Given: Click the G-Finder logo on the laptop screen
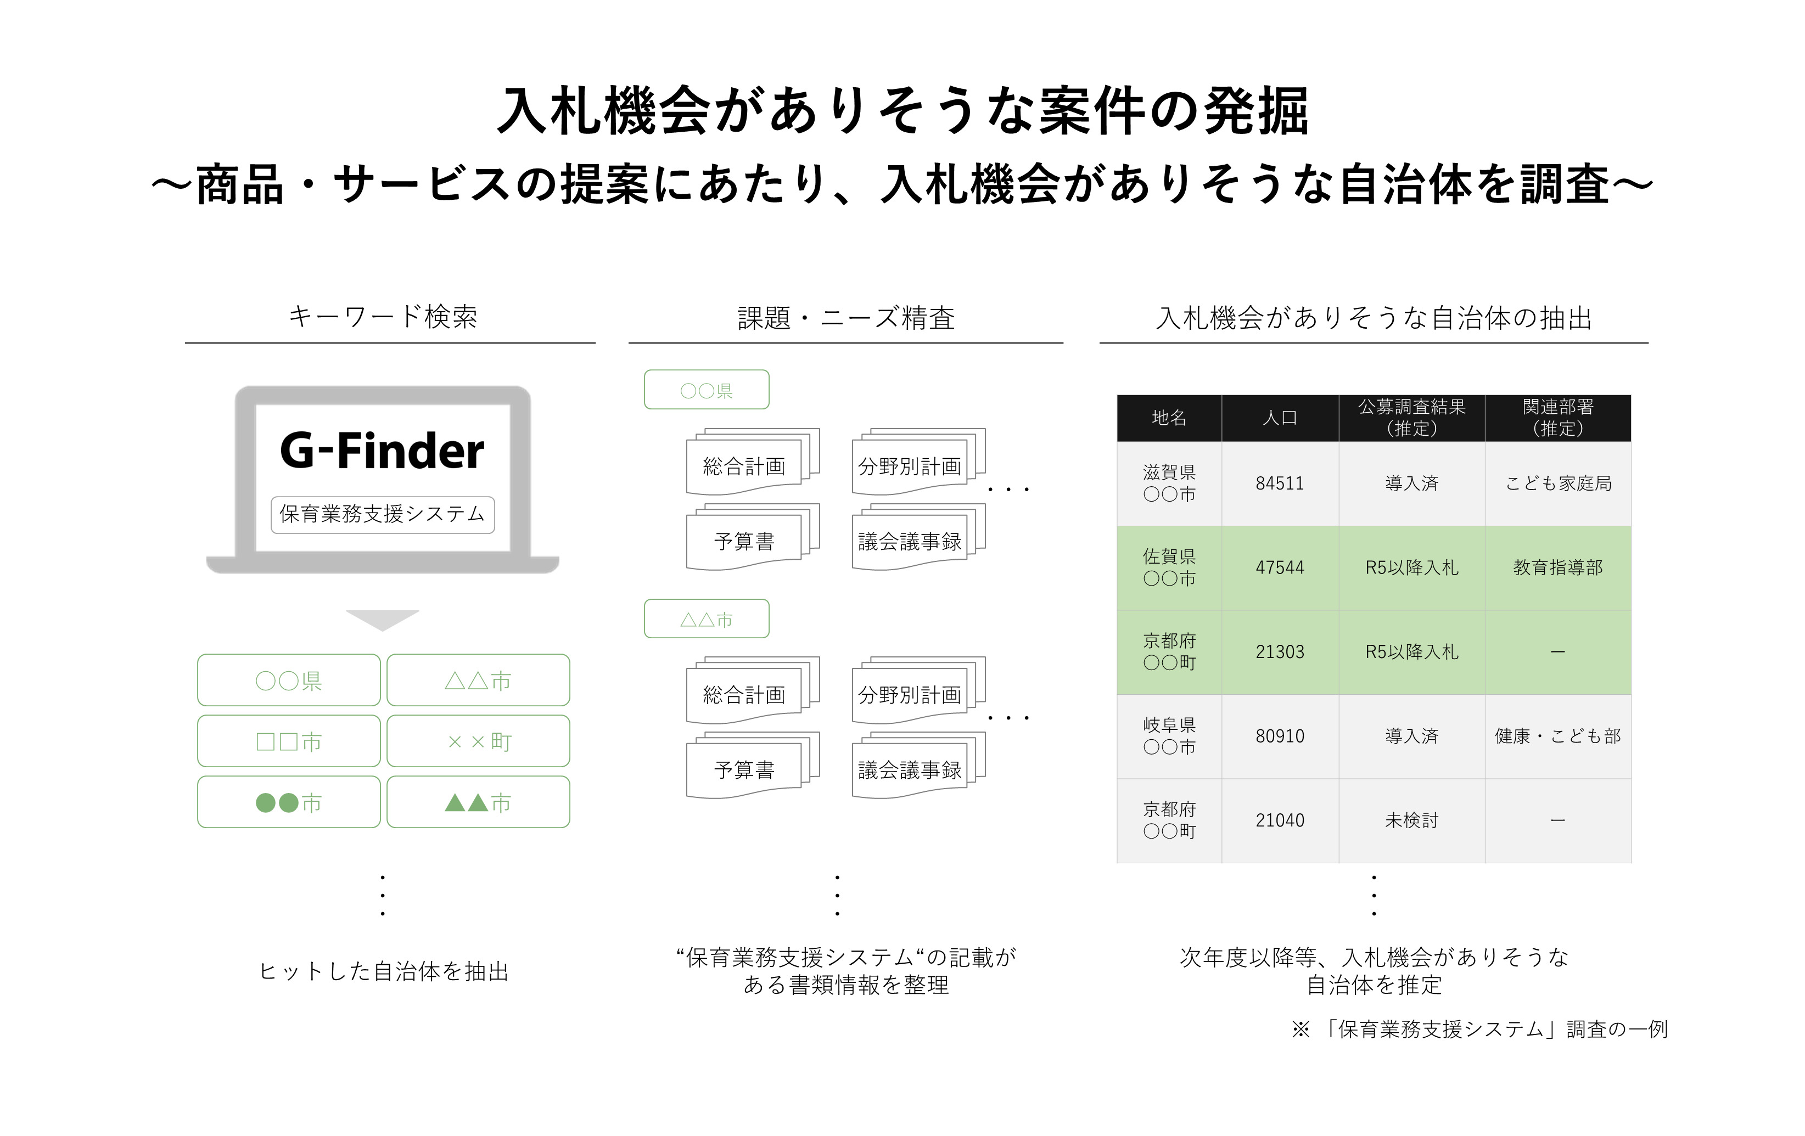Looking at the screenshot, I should [x=382, y=451].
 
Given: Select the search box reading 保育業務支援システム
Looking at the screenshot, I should [x=382, y=515].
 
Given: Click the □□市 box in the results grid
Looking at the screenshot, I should [x=289, y=741].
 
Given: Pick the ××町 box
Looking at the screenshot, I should [x=478, y=741].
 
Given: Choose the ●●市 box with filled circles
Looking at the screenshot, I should [x=289, y=802].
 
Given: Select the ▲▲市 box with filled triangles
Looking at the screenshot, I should [x=478, y=802].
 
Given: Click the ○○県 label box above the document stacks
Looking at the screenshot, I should [x=706, y=390].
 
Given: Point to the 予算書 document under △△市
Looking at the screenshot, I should [x=744, y=769].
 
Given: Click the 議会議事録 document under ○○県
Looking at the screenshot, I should [x=909, y=541].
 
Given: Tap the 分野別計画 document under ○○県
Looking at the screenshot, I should [x=909, y=466].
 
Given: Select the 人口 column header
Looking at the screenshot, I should [x=1280, y=418].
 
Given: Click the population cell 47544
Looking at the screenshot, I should [x=1280, y=568].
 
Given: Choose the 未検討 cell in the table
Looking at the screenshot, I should [x=1411, y=820].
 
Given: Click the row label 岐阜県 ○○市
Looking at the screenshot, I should [x=1169, y=736].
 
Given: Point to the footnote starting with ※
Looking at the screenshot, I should [x=1479, y=1029].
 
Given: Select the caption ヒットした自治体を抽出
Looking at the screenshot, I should [x=384, y=971].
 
